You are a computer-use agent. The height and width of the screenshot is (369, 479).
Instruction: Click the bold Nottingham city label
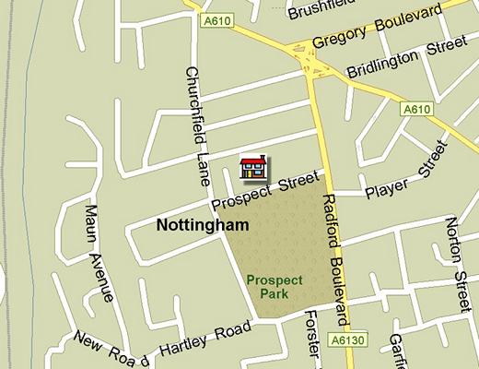(x=191, y=224)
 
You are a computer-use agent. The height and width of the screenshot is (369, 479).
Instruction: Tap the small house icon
(x=252, y=166)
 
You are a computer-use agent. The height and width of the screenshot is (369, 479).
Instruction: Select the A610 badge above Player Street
(x=416, y=109)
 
